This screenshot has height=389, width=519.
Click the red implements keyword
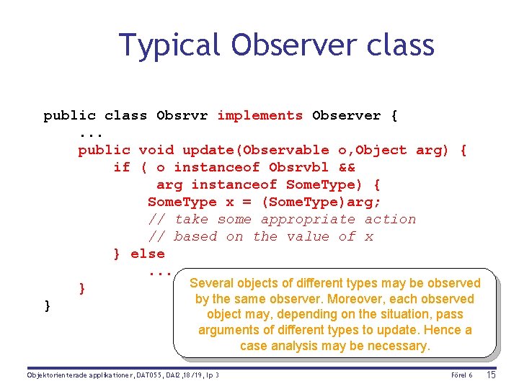click(x=259, y=115)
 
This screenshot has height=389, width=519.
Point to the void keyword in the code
click(x=156, y=150)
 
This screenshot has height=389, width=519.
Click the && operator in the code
click(x=346, y=167)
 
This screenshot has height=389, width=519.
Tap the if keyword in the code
click(x=121, y=167)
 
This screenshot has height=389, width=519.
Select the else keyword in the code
click(x=148, y=254)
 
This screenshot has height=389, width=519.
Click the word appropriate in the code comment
click(x=308, y=219)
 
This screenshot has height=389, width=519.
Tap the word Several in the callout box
click(x=210, y=283)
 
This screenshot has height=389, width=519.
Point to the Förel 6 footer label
click(x=461, y=375)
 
